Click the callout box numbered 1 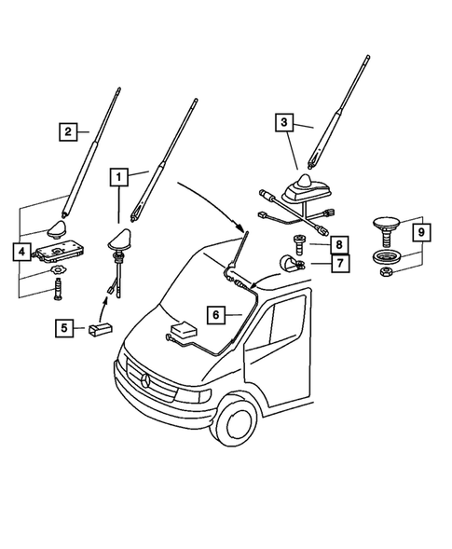pyautogui.click(x=118, y=174)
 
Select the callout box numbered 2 pyautogui.click(x=67, y=131)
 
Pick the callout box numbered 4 pyautogui.click(x=20, y=251)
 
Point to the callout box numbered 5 pyautogui.click(x=66, y=327)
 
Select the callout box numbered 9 pyautogui.click(x=421, y=231)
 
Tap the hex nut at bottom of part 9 pyautogui.click(x=383, y=271)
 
